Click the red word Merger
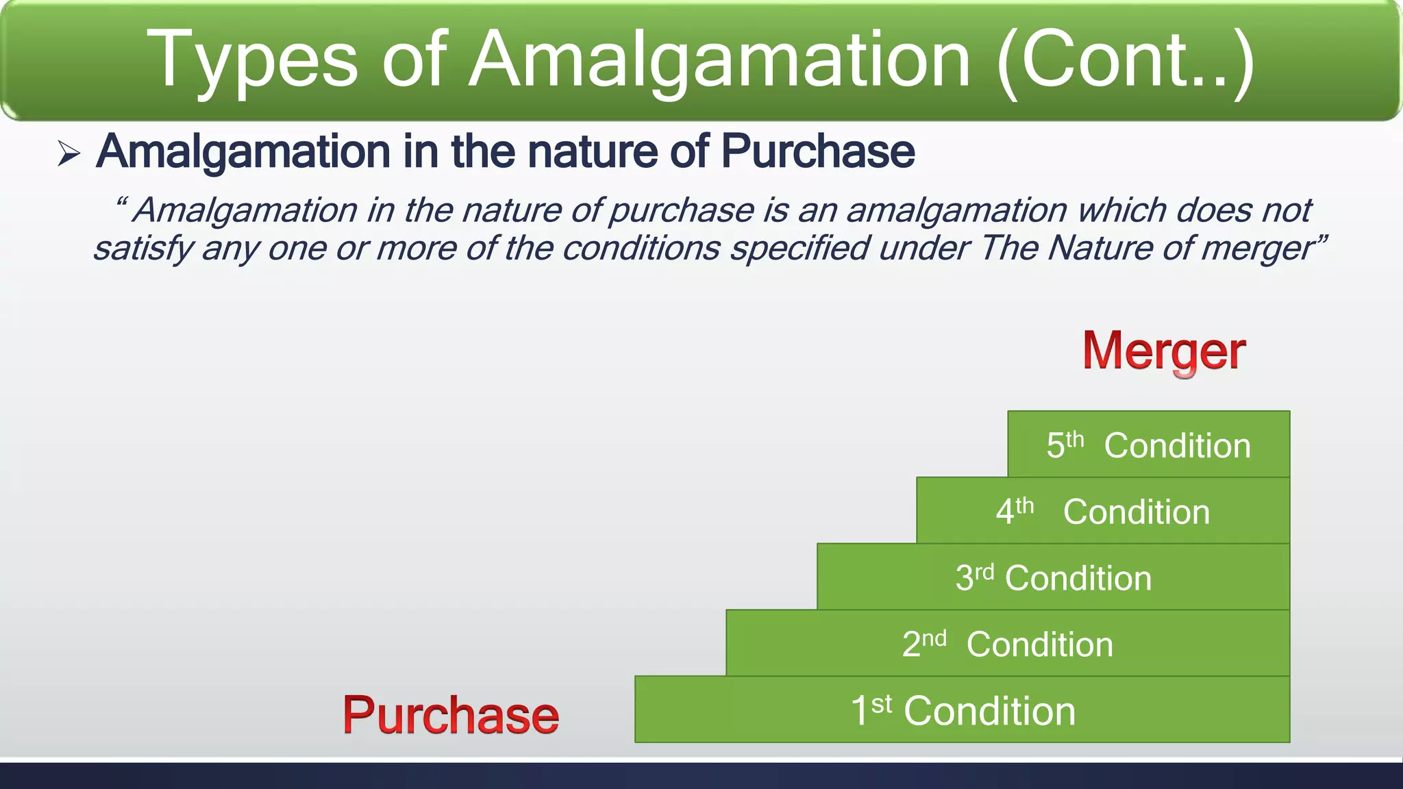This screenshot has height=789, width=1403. click(1163, 351)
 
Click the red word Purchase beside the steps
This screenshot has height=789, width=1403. click(451, 715)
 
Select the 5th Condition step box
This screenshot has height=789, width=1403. click(1148, 444)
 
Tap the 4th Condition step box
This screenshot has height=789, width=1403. click(1102, 511)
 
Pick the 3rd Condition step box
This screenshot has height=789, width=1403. click(1053, 577)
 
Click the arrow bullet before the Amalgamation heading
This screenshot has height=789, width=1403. click(69, 153)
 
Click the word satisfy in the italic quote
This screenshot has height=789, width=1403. click(143, 248)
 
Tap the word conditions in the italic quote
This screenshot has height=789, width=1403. click(641, 248)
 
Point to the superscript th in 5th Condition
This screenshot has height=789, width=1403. click(1075, 438)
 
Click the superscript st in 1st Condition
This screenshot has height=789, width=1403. click(881, 703)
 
